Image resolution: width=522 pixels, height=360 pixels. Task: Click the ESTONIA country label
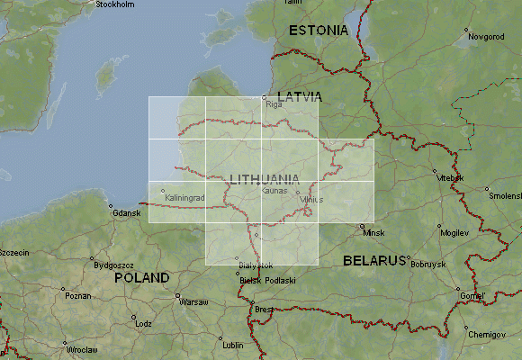pyautogui.click(x=318, y=31)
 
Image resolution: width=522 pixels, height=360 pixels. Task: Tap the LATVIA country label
pyautogui.click(x=300, y=94)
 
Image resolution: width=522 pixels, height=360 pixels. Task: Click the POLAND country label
pyautogui.click(x=142, y=278)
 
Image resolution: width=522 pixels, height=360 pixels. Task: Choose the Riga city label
pyautogui.click(x=274, y=103)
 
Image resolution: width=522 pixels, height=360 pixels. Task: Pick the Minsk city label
pyautogui.click(x=373, y=233)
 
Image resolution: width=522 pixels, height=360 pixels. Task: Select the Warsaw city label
pyautogui.click(x=193, y=301)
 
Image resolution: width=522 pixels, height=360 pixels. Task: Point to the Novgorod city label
pyautogui.click(x=485, y=37)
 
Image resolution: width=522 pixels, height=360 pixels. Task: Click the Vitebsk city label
pyautogui.click(x=449, y=178)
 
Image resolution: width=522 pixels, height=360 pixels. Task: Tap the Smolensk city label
pyautogui.click(x=504, y=195)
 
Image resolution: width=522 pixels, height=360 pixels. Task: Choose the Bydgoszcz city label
pyautogui.click(x=112, y=265)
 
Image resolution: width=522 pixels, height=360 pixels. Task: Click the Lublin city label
pyautogui.click(x=233, y=345)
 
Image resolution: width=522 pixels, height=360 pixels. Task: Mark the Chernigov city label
pyautogui.click(x=487, y=334)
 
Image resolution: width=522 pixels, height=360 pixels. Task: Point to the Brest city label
pyautogui.click(x=265, y=309)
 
